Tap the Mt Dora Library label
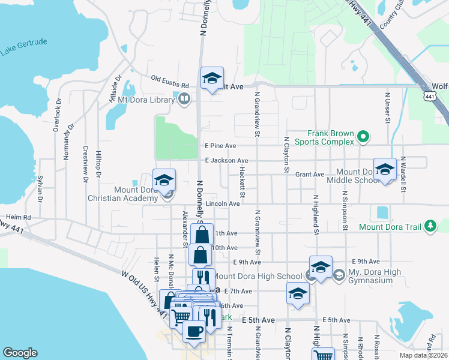coord(145,100)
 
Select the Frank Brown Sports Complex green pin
coord(362,138)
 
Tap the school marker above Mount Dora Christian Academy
coord(164,179)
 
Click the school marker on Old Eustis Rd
coord(211,79)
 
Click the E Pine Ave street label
coord(220,146)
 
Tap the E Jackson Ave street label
coord(226,161)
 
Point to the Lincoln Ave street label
coord(223,204)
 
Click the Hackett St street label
coord(242,182)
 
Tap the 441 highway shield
coord(429,96)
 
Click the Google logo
coord(20,352)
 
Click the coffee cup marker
coord(193,331)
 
